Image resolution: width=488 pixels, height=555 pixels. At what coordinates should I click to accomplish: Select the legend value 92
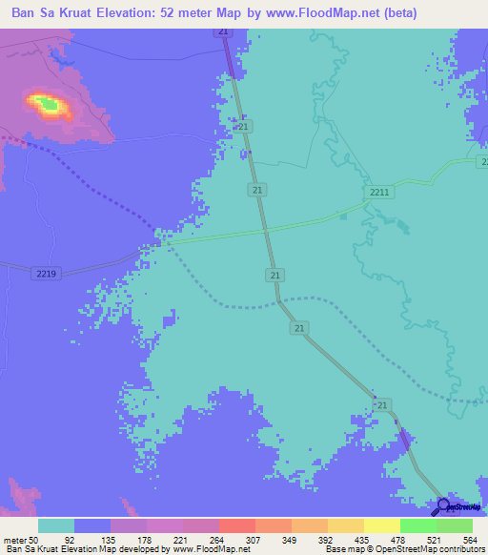94,539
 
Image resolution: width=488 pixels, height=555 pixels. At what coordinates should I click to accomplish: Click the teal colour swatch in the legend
56,525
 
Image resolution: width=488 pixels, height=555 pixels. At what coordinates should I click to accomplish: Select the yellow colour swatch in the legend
346,525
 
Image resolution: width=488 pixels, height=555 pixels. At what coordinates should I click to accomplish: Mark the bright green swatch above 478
418,525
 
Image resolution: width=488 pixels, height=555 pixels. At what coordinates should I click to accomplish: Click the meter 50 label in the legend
21,539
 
